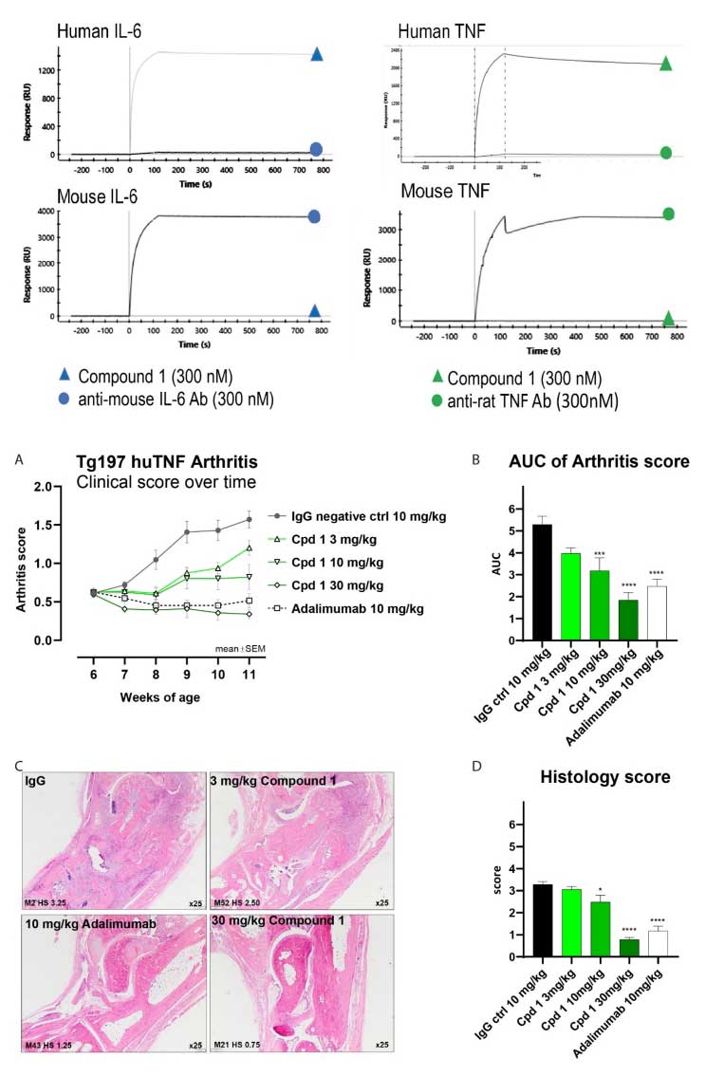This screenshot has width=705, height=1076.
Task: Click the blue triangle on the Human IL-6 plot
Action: (316, 54)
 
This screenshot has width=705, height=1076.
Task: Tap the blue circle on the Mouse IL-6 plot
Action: (315, 216)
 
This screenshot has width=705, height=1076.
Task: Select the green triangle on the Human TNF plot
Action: (666, 65)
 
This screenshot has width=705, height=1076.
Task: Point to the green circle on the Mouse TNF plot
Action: (668, 214)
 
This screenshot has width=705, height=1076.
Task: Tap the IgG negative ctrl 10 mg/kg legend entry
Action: (355, 514)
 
